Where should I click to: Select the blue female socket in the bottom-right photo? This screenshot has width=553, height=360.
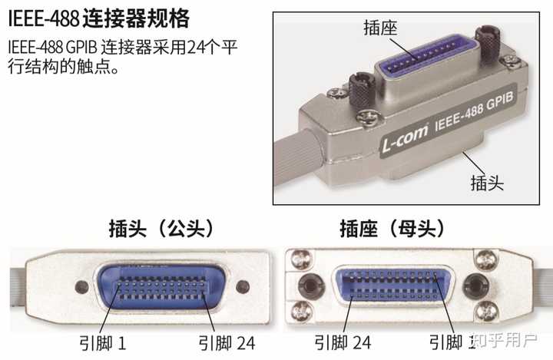pos(393,286)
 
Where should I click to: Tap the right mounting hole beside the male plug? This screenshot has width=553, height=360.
pos(243,287)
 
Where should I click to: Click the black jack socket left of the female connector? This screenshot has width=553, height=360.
pos(310,286)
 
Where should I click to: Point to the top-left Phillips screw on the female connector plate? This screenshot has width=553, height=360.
pos(302,258)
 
